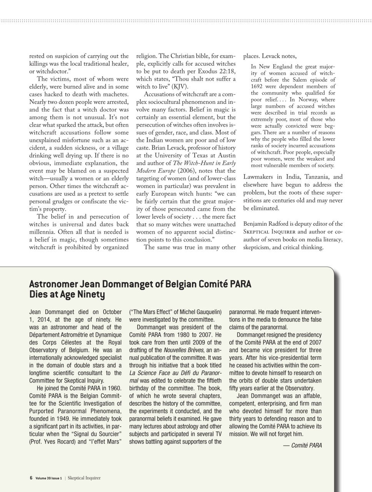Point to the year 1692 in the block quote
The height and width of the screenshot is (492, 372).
click(257, 86)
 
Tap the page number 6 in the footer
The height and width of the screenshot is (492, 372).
click(31, 478)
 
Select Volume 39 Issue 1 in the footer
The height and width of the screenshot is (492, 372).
click(48, 478)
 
